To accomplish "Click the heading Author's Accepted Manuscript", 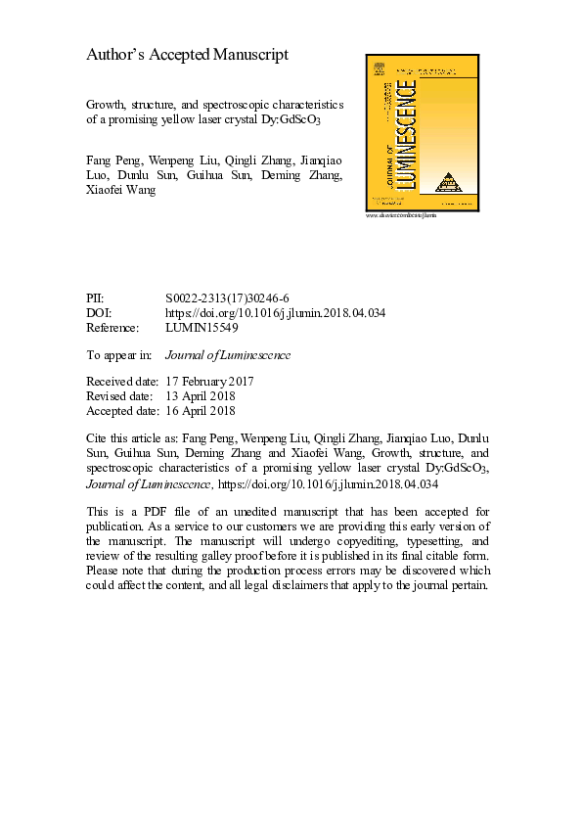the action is (x=187, y=55).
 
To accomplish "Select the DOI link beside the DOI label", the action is (x=277, y=312).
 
